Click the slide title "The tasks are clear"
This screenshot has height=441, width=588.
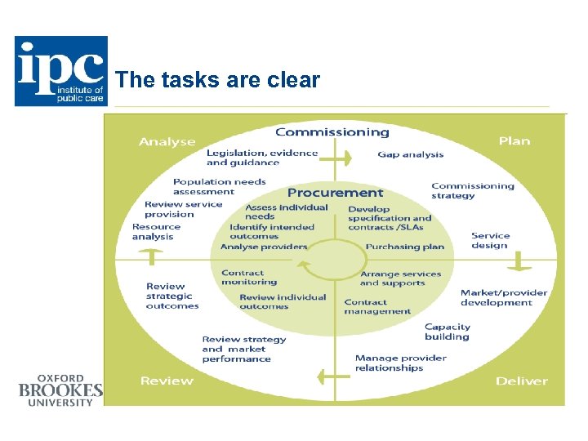[218, 80]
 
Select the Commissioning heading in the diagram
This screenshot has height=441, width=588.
[332, 132]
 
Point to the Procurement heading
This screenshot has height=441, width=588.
[335, 193]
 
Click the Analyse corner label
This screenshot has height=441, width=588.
[167, 141]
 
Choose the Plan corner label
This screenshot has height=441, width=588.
[514, 140]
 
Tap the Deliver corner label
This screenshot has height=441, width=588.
[522, 381]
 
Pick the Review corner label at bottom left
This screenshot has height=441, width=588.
[167, 381]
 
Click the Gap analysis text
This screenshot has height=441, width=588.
[411, 154]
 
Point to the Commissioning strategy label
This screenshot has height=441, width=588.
[473, 190]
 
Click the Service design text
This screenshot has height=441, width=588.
[490, 240]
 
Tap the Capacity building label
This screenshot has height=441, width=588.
[448, 332]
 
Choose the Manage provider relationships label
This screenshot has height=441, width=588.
[400, 363]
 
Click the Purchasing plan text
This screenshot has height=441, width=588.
[405, 247]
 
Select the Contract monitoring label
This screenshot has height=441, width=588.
[248, 277]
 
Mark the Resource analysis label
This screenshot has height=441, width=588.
[156, 232]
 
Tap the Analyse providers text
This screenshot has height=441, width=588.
[264, 247]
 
